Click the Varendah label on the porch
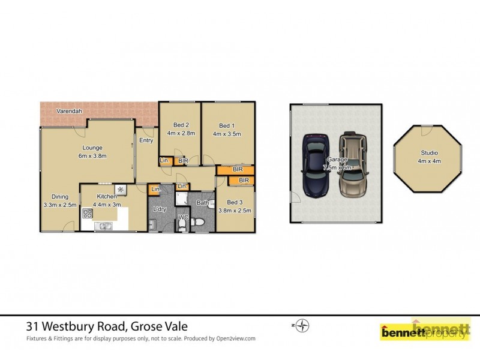click(x=70, y=112)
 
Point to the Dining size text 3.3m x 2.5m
click(x=60, y=205)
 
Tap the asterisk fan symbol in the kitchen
click(x=120, y=190)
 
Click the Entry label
click(x=146, y=140)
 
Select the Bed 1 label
click(x=226, y=125)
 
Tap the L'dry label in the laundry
click(x=160, y=209)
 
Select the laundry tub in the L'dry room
click(x=152, y=225)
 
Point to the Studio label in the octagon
click(x=428, y=153)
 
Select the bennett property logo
click(x=424, y=331)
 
